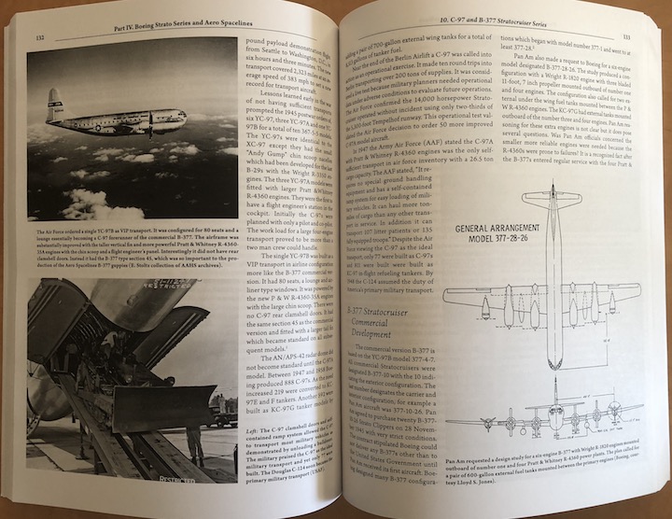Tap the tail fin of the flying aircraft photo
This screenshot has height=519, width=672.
pyautogui.click(x=57, y=105)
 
